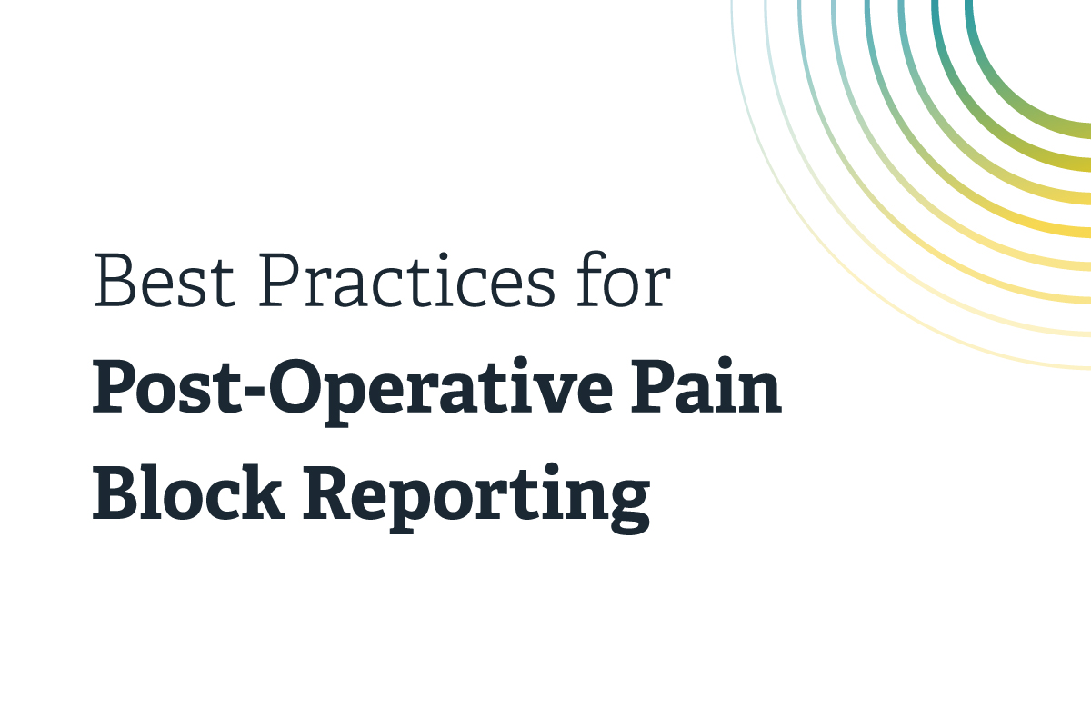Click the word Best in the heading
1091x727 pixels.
[x=165, y=280]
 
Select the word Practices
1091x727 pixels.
[x=406, y=280]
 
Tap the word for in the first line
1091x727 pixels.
[x=624, y=279]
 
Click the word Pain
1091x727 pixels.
[x=706, y=385]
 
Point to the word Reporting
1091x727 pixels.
[x=476, y=498]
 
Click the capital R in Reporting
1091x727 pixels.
[x=332, y=492]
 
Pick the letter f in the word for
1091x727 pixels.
[x=591, y=279]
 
